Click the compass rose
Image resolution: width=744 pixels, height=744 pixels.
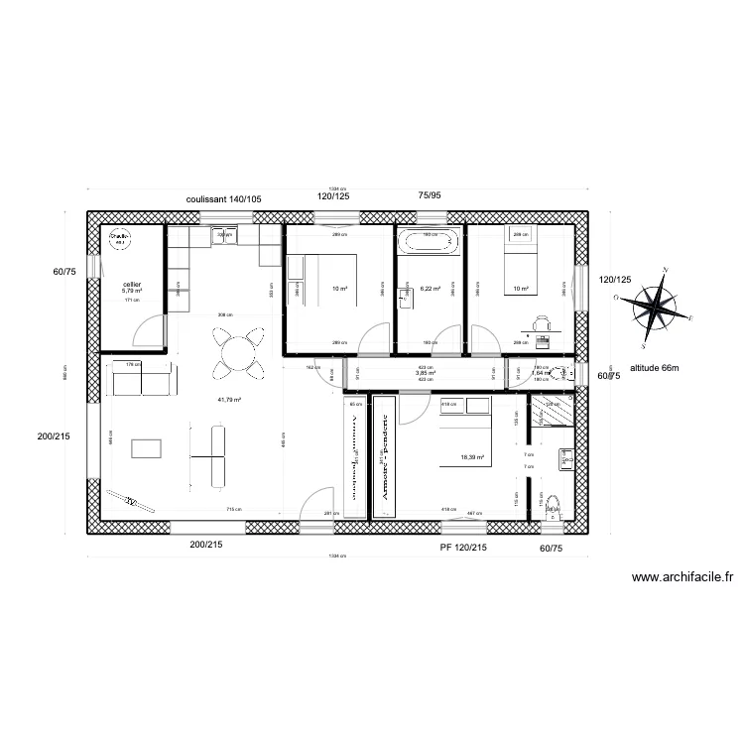click(x=656, y=306)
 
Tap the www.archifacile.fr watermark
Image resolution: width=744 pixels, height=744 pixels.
click(x=682, y=577)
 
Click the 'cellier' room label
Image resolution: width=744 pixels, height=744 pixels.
click(x=132, y=285)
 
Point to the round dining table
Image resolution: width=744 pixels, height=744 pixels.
click(x=239, y=353)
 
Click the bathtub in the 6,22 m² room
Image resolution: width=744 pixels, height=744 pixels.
click(x=430, y=241)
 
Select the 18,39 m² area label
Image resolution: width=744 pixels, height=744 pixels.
click(x=472, y=457)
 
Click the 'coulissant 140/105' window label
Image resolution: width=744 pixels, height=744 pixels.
click(x=223, y=198)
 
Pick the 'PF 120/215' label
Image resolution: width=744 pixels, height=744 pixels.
click(x=462, y=547)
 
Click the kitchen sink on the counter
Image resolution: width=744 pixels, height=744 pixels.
click(x=225, y=235)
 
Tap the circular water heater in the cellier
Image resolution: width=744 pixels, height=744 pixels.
click(x=119, y=240)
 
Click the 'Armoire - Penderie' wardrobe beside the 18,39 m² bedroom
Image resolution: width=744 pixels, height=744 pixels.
click(x=382, y=455)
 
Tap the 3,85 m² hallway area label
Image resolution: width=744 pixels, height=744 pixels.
click(x=426, y=373)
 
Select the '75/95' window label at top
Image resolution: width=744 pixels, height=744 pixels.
click(x=431, y=197)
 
